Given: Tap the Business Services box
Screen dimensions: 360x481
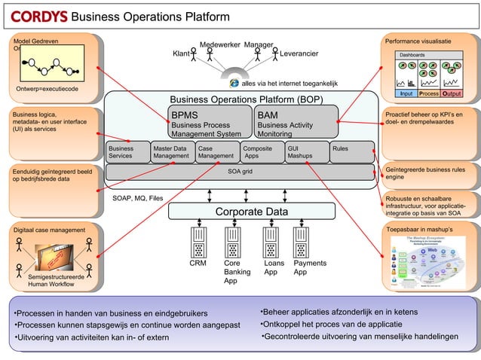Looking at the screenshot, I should [127, 152].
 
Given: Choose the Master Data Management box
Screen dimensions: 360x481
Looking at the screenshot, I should [171, 152].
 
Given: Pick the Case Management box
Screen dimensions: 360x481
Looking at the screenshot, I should [216, 152].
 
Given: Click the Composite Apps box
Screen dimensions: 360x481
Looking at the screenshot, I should [262, 152].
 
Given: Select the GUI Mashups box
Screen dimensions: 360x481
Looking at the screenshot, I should [307, 152].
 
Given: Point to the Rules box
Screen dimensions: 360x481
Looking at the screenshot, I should [351, 152].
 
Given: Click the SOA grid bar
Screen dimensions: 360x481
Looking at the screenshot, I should [240, 172].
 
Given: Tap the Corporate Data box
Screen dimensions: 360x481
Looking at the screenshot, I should [251, 212].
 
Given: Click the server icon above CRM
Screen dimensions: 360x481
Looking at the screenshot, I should [198, 243].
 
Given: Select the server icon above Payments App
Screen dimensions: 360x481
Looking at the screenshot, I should [302, 243].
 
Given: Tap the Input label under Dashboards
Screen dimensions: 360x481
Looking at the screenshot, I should [406, 93].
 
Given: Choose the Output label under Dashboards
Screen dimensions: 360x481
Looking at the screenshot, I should [452, 93].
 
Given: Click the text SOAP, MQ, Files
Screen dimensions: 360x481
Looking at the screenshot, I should [137, 199].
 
